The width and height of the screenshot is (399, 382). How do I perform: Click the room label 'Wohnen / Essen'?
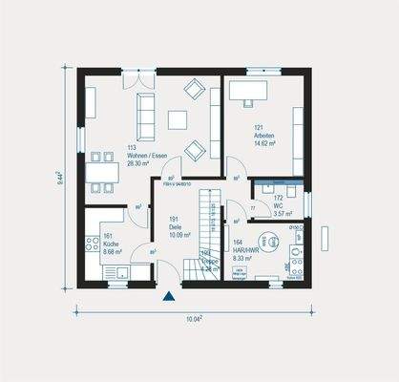(142, 155)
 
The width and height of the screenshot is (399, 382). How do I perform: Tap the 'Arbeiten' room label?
(264, 136)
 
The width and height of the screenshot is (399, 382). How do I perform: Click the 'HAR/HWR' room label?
(245, 251)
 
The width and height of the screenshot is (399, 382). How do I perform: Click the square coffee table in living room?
(178, 119)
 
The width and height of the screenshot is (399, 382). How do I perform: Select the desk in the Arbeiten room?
(251, 93)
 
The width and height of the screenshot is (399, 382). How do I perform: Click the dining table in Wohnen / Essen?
(98, 170)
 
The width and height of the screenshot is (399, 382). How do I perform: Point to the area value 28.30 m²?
(140, 162)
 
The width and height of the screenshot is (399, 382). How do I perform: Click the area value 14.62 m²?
(264, 143)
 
